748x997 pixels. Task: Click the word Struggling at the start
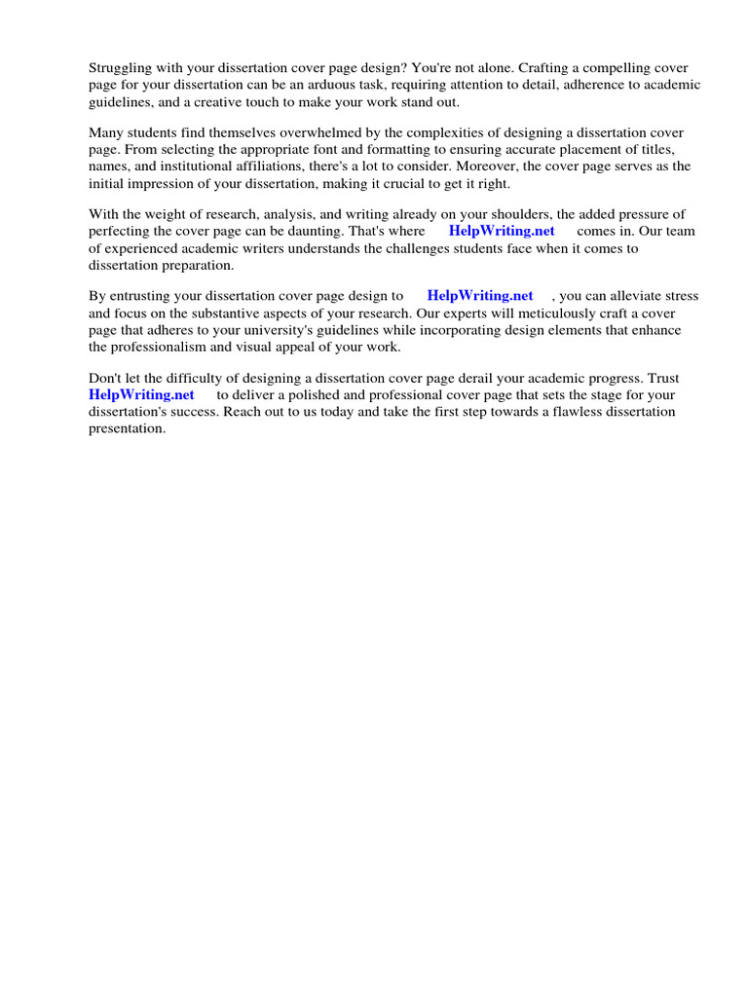click(x=120, y=68)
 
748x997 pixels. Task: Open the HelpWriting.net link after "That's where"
click(x=502, y=232)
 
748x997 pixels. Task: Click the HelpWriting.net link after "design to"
click(x=480, y=296)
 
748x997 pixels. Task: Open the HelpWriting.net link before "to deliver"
click(x=141, y=395)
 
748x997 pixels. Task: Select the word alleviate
click(x=635, y=296)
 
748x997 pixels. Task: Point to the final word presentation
click(x=127, y=428)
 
